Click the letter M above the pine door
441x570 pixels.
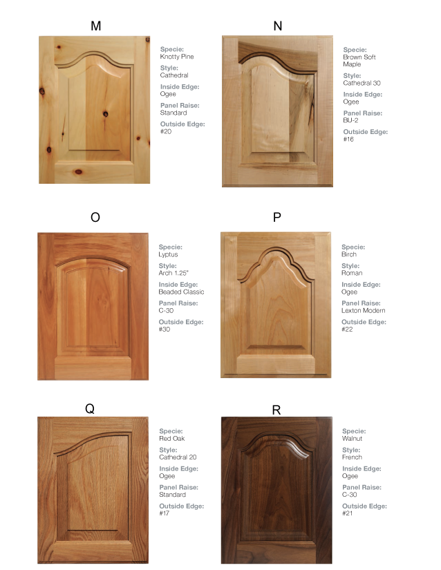(95, 26)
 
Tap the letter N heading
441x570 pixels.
(278, 26)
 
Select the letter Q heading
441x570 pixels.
(90, 408)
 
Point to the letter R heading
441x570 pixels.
(276, 410)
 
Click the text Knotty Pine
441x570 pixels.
(177, 57)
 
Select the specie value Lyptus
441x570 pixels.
(168, 254)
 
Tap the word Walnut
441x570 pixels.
(353, 439)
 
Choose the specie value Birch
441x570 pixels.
(349, 254)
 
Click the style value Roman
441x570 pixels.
(351, 273)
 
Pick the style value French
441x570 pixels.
(352, 457)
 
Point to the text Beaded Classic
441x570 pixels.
(181, 292)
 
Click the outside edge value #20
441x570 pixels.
(166, 131)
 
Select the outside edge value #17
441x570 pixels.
(165, 513)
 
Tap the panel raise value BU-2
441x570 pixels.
(350, 120)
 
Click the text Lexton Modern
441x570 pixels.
(363, 310)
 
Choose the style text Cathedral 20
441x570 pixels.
(178, 457)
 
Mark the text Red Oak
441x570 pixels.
(172, 439)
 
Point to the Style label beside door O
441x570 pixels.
(168, 265)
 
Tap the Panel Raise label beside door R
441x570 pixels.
(362, 487)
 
